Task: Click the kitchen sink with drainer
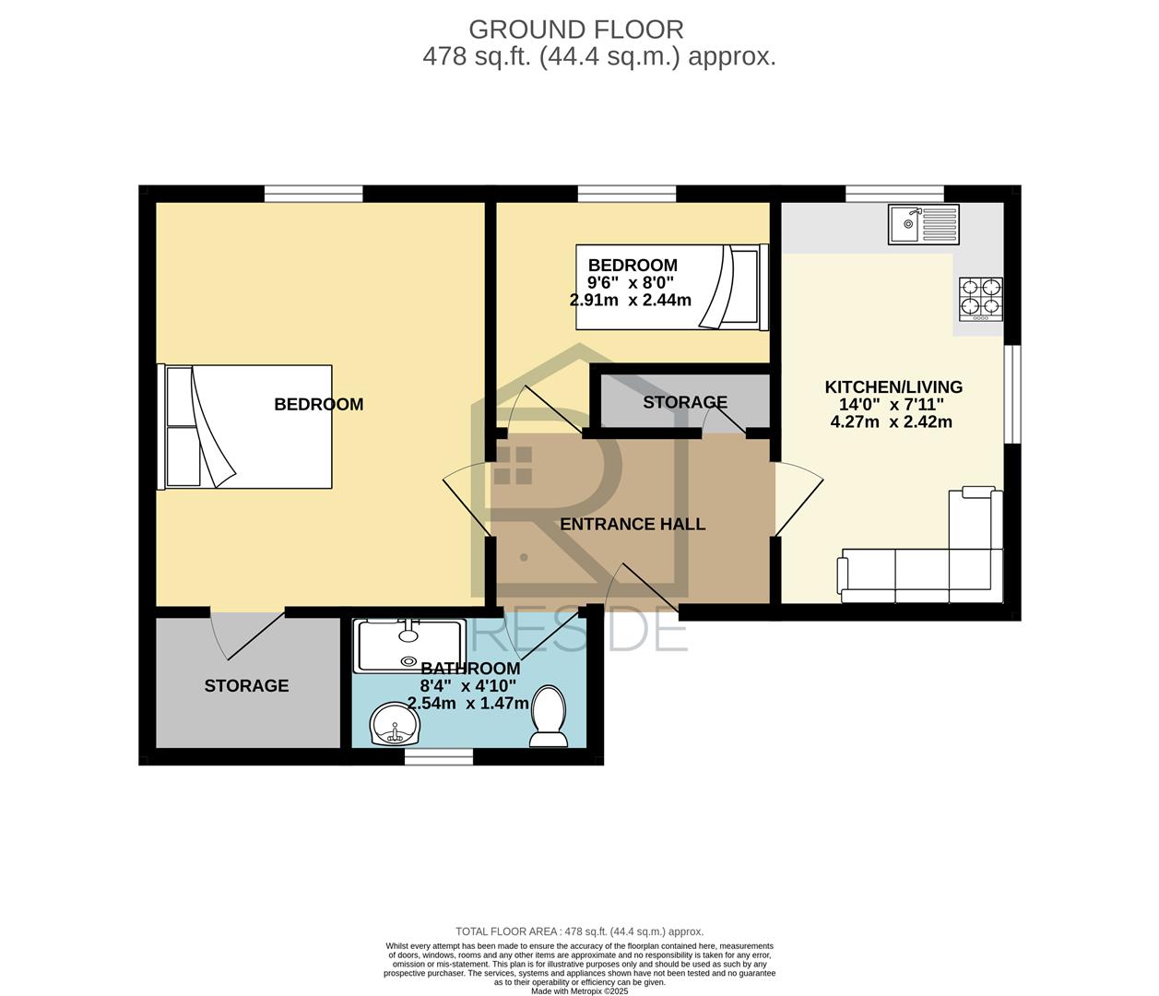coord(924,224)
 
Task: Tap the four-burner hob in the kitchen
coord(981,300)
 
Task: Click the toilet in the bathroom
coord(549,717)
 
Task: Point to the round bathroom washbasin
coord(396,724)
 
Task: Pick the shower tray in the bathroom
coord(410,646)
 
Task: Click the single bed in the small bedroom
coord(672,287)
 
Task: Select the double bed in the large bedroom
coord(245,427)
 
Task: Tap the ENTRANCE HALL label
coord(633,524)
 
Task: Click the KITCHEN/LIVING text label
coord(893,387)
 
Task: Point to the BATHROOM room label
coord(470,669)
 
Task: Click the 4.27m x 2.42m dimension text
coord(891,421)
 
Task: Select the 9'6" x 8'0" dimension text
coord(631,282)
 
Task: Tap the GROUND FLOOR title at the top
coord(576,30)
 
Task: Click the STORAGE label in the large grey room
coord(247,685)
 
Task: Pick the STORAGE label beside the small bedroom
coord(685,402)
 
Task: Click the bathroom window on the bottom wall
coord(439,756)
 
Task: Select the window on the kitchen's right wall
coord(1012,395)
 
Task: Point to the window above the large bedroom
coord(313,194)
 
